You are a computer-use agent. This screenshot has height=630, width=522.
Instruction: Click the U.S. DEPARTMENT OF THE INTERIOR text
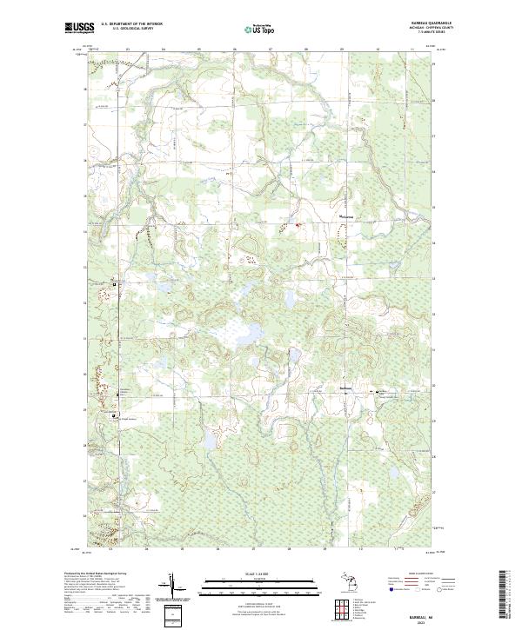[132, 25]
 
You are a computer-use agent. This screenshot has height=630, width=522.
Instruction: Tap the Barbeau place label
[345, 387]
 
